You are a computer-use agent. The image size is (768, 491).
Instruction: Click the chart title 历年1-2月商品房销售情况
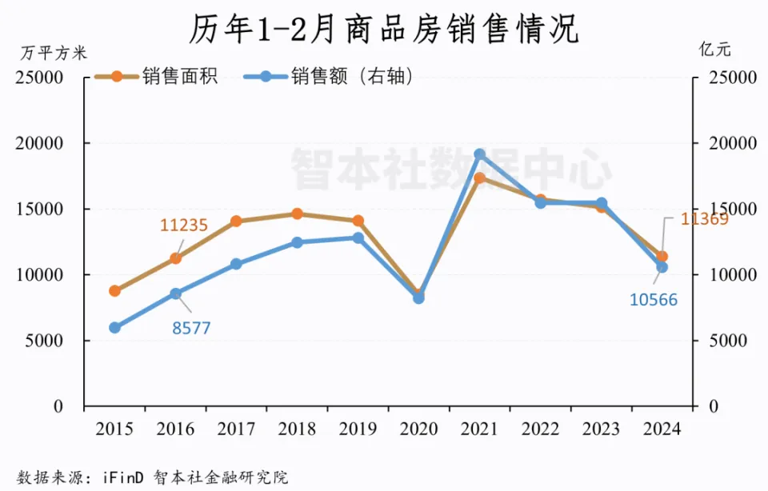pyautogui.click(x=384, y=30)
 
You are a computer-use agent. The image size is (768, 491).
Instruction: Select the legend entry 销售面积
pyautogui.click(x=180, y=77)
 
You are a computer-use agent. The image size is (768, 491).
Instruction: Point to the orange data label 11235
pyautogui.click(x=184, y=226)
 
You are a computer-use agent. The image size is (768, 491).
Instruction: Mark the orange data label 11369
pyautogui.click(x=704, y=218)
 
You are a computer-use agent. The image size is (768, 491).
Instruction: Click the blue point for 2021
pyautogui.click(x=479, y=154)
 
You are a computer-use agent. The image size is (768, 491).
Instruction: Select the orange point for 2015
pyautogui.click(x=114, y=291)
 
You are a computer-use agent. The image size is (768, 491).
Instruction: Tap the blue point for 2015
pyautogui.click(x=114, y=328)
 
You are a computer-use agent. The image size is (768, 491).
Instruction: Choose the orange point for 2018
pyautogui.click(x=297, y=214)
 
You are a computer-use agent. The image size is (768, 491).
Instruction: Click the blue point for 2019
pyautogui.click(x=358, y=238)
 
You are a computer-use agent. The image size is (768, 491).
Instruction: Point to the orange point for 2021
pyautogui.click(x=479, y=178)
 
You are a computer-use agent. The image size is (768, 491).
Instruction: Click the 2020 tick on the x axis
pyautogui.click(x=418, y=429)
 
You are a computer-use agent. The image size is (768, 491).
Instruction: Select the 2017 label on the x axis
pyautogui.click(x=236, y=429)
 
